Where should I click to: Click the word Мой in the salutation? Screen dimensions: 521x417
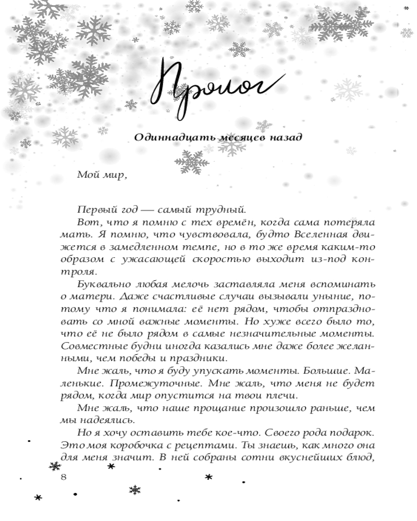85,175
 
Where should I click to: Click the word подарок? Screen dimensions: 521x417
351,432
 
